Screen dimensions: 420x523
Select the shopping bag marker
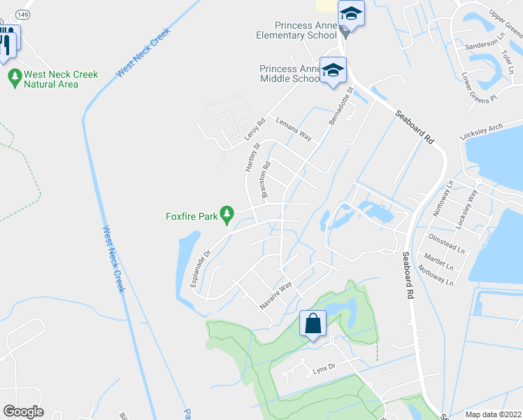pyautogui.click(x=313, y=324)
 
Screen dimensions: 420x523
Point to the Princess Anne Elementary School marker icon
pyautogui.click(x=352, y=14)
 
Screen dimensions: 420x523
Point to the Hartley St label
pyautogui.click(x=252, y=157)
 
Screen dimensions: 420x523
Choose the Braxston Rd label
pyautogui.click(x=266, y=180)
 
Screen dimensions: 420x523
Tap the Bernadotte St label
pyautogui.click(x=343, y=106)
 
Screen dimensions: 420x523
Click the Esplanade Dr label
pyautogui.click(x=200, y=269)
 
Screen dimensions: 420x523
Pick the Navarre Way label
pyautogui.click(x=275, y=296)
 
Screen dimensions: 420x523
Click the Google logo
pyautogui.click(x=23, y=412)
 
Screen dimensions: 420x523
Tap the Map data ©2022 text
pyautogui.click(x=492, y=414)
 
